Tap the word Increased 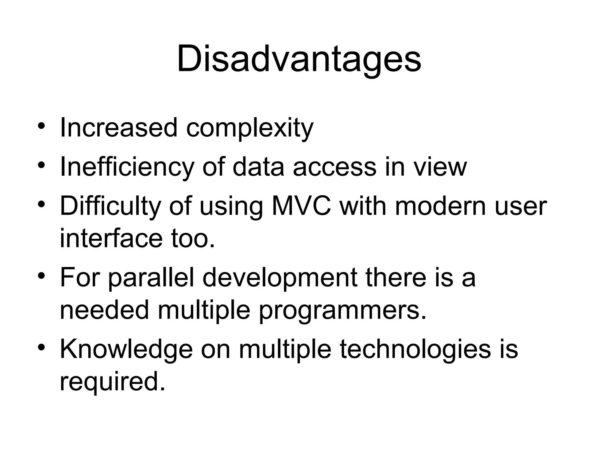coord(118,128)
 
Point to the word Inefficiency coord(127,167)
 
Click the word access coord(335,167)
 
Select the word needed coord(104,310)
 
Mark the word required coord(112,382)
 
